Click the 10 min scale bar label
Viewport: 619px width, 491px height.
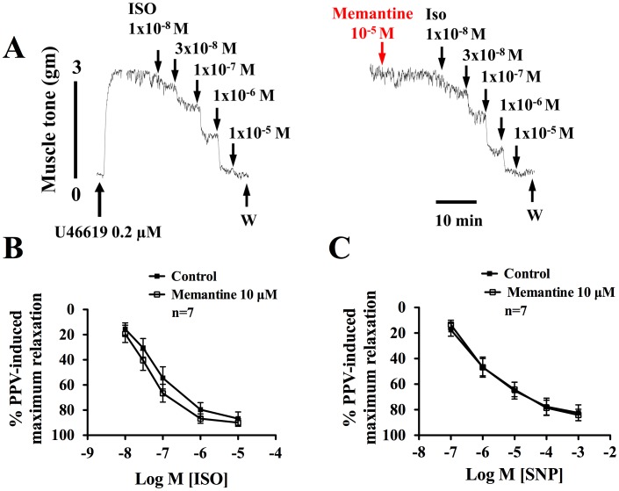[457, 220]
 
